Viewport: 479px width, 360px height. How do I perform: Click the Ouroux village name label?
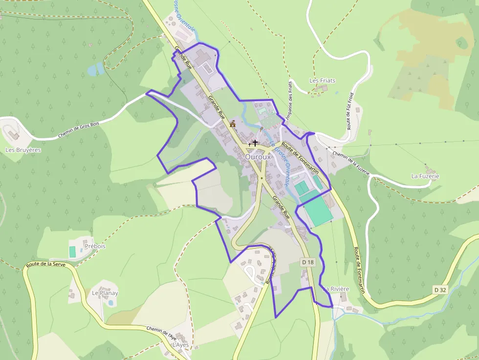point(258,157)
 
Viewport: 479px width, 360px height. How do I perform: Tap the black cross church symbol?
point(255,143)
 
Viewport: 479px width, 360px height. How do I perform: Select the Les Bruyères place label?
point(23,150)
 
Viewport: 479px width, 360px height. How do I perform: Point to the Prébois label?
point(95,246)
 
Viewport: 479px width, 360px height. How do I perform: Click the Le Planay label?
point(105,293)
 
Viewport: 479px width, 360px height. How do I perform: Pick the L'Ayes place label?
point(180,345)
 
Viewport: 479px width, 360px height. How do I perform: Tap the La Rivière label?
point(337,289)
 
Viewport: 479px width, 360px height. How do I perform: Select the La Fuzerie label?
point(425,176)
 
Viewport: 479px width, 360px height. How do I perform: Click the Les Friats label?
point(323,80)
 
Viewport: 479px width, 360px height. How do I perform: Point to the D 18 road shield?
point(307,262)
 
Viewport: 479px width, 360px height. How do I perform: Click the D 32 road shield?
point(440,290)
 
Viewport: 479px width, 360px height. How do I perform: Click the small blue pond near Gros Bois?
point(95,69)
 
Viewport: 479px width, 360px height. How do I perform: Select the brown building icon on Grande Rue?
point(233,124)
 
